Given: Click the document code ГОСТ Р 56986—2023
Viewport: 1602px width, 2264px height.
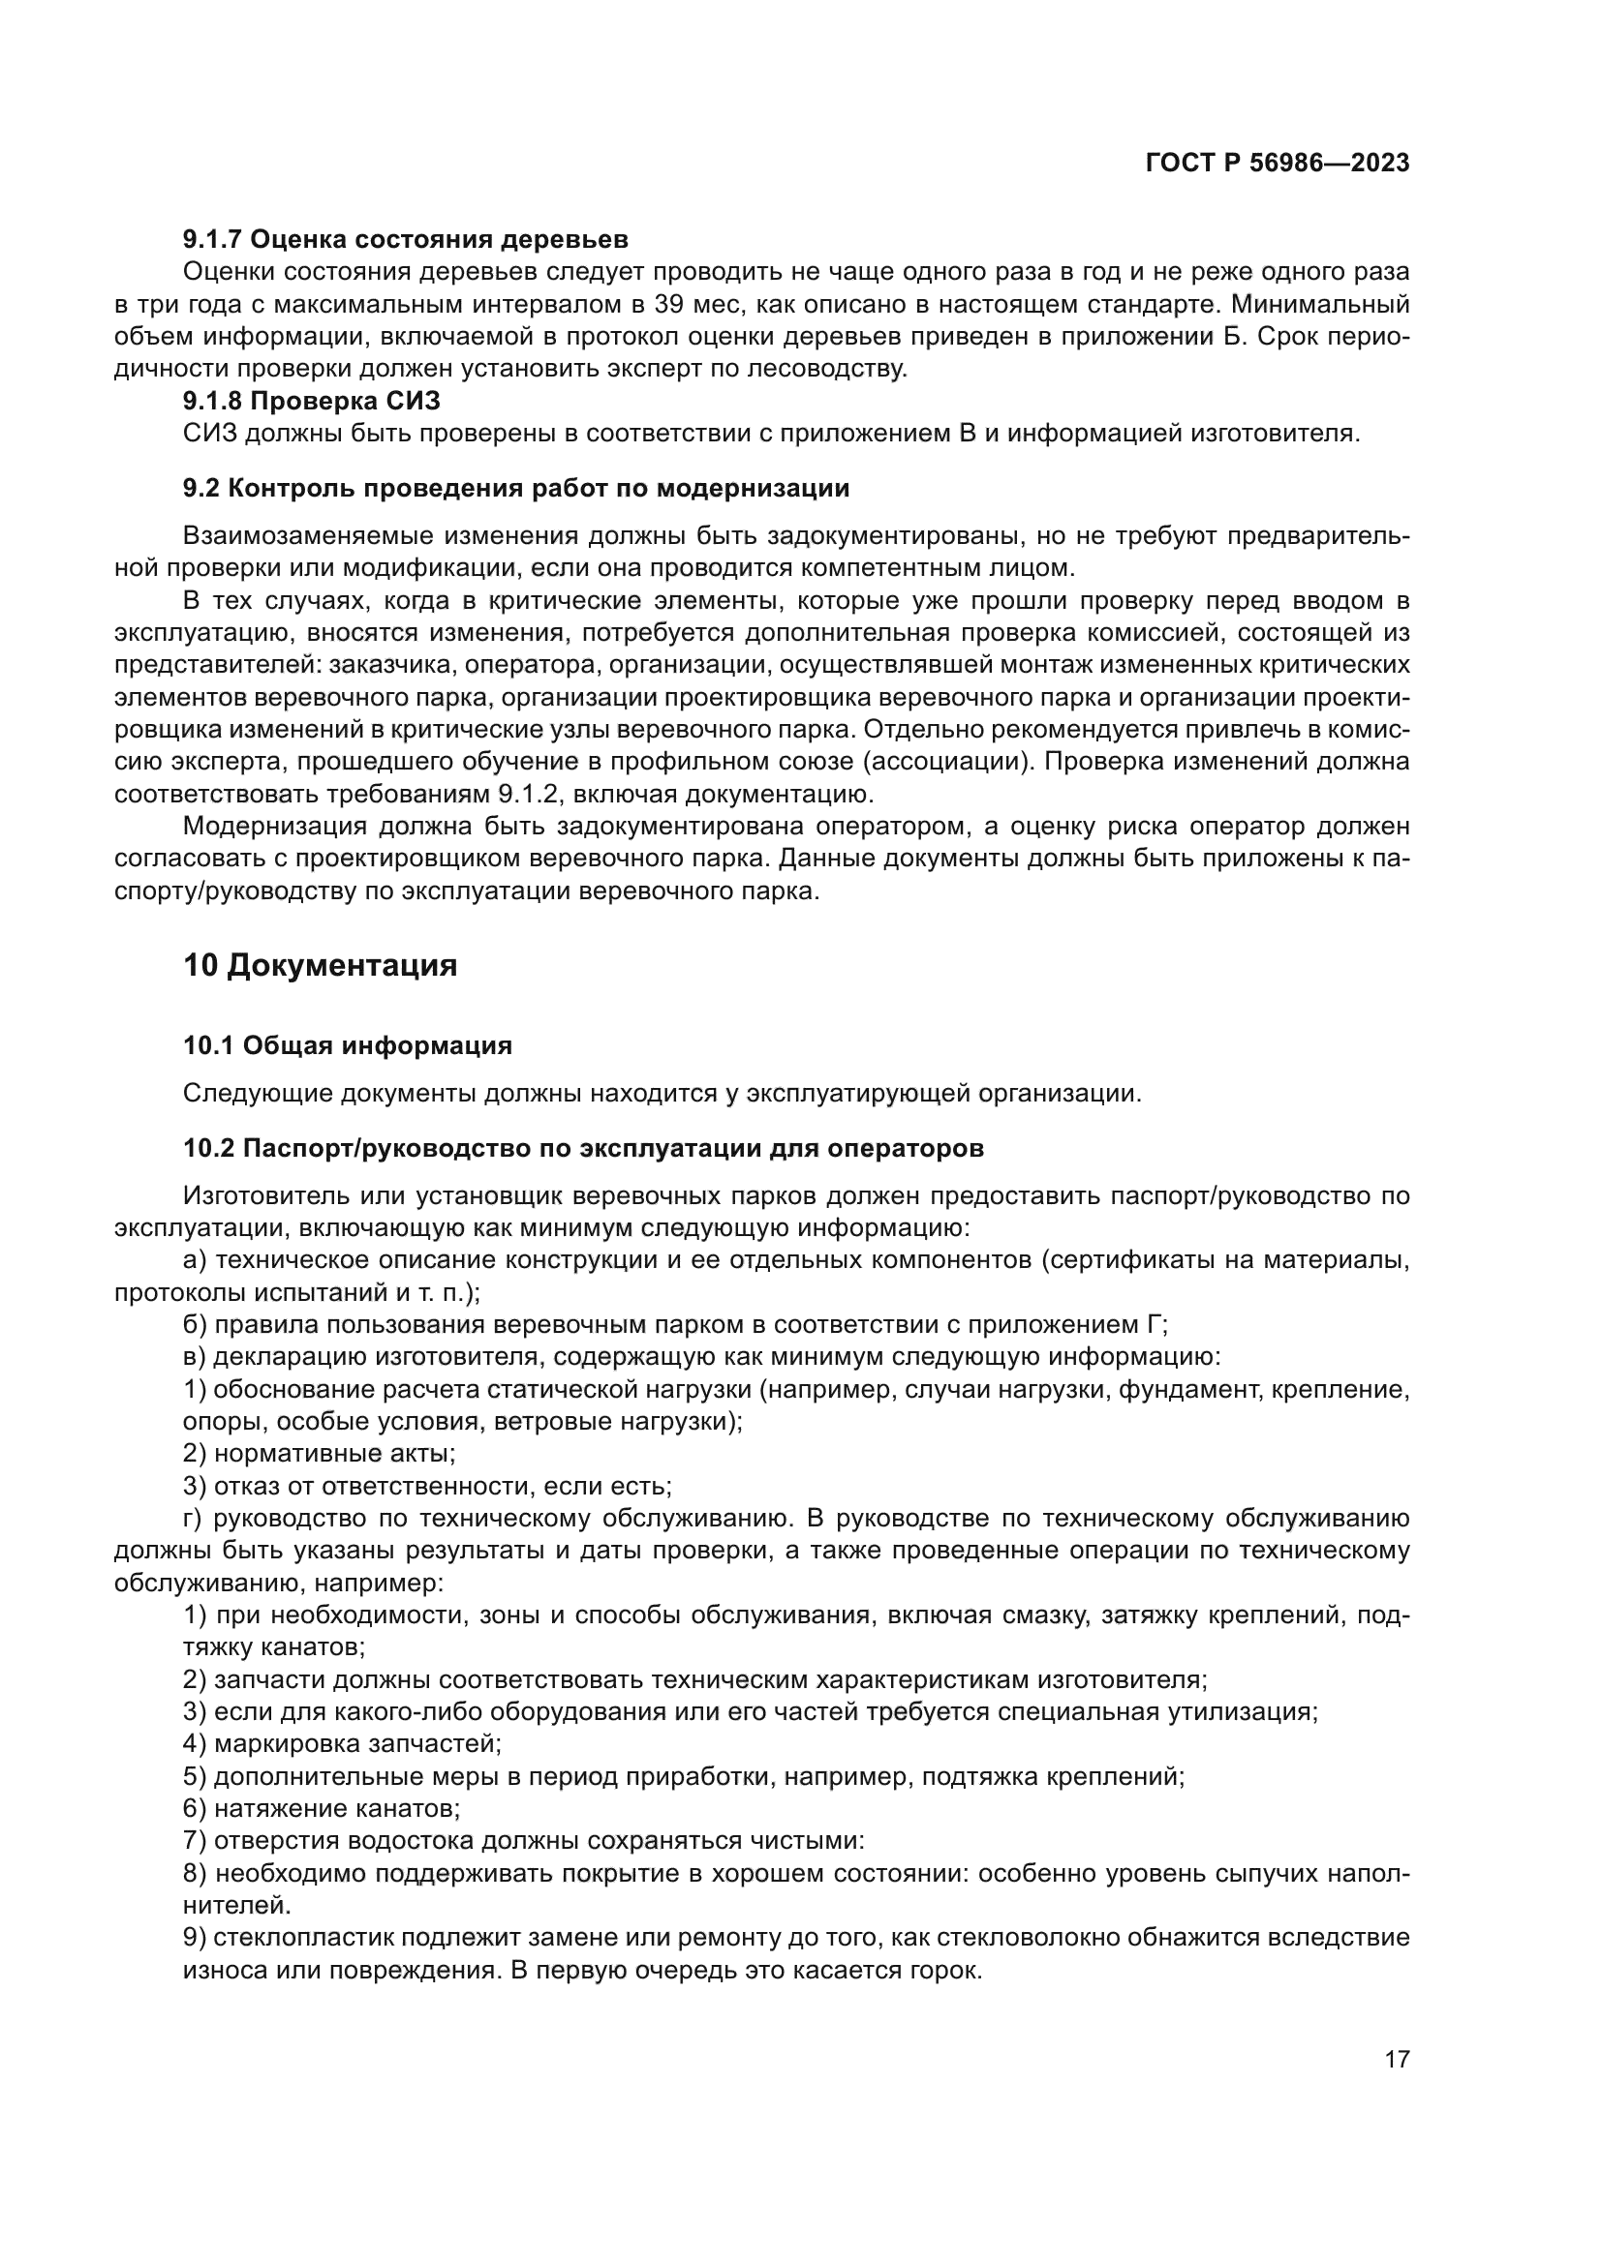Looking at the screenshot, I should pos(1278,164).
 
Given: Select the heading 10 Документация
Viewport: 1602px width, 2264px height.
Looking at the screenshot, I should pos(320,965).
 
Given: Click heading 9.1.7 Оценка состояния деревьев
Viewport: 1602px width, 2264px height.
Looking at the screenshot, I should pos(406,240).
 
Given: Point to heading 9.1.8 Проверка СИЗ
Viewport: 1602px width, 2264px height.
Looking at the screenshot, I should pos(312,402).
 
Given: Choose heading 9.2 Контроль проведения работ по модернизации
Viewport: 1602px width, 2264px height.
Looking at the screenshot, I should pos(516,488).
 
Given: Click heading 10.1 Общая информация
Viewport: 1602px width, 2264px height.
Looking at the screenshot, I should pos(348,1045).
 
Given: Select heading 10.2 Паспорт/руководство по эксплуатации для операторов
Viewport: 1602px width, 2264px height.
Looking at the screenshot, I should pos(583,1149).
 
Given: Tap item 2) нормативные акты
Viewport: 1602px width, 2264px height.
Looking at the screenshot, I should pos(319,1454).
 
